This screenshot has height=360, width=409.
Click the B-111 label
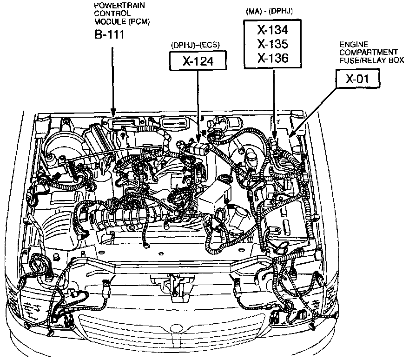[109, 35]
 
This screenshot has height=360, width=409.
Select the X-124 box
[198, 61]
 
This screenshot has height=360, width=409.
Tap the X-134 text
[273, 30]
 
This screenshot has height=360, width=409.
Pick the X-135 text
[273, 44]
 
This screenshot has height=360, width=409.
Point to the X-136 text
[273, 58]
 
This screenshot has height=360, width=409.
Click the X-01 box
[357, 79]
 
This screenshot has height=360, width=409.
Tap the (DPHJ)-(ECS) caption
[195, 45]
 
